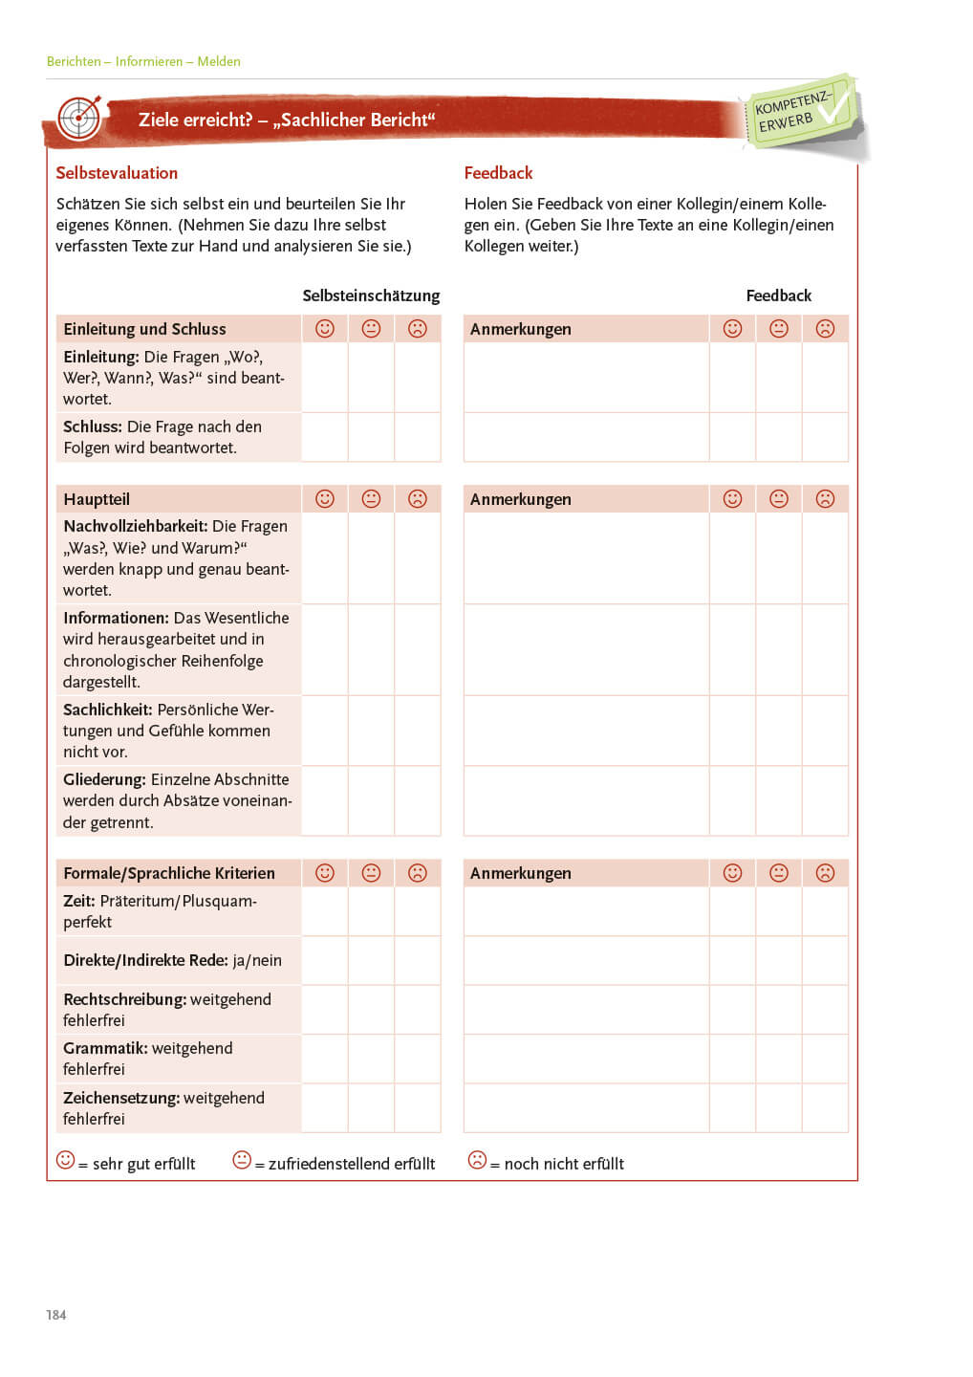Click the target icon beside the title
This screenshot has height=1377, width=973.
tap(79, 119)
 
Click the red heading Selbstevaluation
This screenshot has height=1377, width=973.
tap(117, 173)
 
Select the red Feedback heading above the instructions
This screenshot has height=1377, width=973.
tap(498, 173)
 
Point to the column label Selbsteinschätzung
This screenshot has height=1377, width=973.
tap(371, 295)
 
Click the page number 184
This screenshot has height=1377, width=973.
tap(56, 1315)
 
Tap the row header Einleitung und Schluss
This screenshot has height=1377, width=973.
tap(144, 329)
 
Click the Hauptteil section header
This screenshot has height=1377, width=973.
tap(97, 499)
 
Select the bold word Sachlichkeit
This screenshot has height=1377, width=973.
tap(107, 710)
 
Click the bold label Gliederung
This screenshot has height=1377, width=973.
tap(104, 779)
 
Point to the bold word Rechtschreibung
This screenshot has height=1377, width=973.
tap(124, 999)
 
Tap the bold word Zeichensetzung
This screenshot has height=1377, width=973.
tap(120, 1098)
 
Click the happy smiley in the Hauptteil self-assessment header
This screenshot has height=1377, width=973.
tap(325, 499)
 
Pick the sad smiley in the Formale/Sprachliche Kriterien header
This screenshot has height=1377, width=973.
tap(418, 873)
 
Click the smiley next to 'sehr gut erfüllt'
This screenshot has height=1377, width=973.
tap(66, 1160)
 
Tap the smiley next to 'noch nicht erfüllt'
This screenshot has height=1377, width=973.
tap(477, 1160)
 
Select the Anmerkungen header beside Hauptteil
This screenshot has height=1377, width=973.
tap(521, 499)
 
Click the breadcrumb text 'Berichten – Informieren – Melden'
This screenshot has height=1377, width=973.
tap(143, 61)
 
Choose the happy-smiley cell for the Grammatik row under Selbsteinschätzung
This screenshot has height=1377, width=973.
tap(325, 1059)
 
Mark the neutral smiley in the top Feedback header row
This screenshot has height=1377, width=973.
tap(779, 329)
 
